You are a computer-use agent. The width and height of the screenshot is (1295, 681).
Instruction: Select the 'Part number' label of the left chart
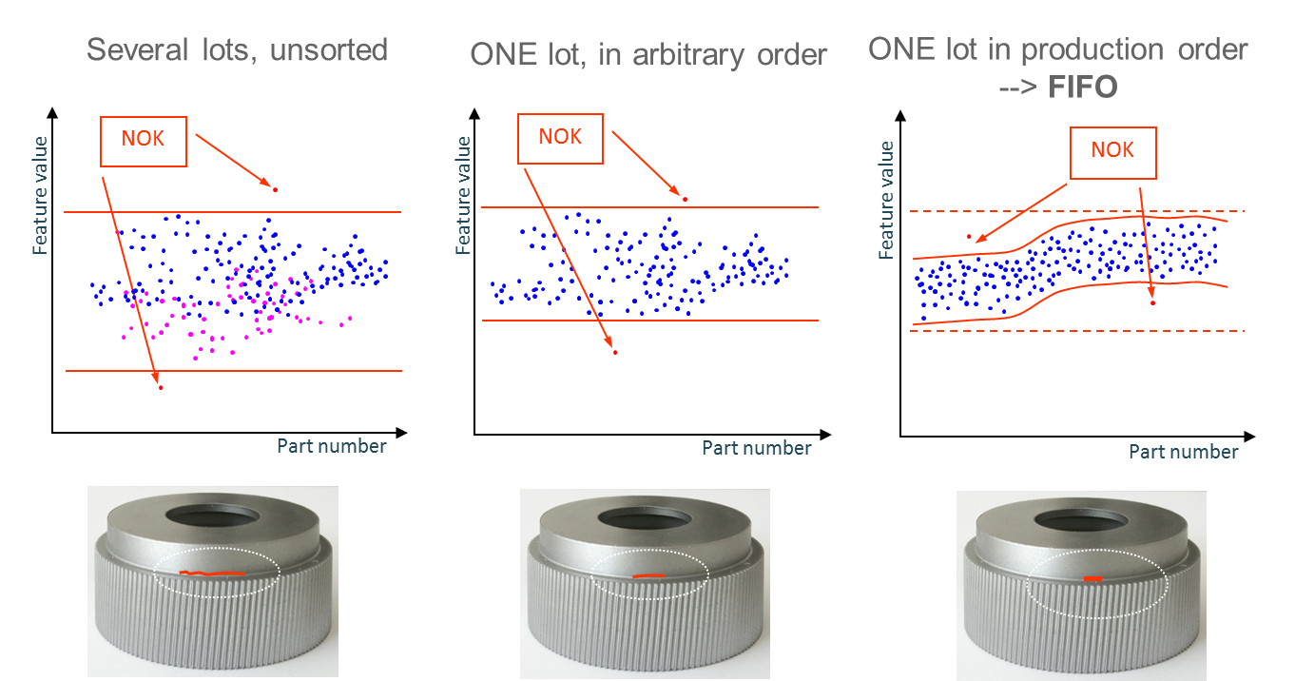pos(332,445)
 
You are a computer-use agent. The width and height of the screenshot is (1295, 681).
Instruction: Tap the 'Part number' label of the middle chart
pos(757,447)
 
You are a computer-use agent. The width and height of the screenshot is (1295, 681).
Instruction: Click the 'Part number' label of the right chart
pos(1184,452)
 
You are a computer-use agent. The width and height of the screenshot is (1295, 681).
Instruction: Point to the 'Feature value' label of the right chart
pos(886,200)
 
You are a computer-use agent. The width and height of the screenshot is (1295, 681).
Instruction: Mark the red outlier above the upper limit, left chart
pos(275,189)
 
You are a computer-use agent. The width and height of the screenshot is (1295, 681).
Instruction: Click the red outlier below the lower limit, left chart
pos(161,387)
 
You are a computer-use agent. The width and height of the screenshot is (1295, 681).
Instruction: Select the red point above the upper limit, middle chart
pos(685,199)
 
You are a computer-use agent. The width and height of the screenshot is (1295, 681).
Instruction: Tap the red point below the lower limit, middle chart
pos(615,353)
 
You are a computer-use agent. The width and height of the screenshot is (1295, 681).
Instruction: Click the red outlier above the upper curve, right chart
pos(969,236)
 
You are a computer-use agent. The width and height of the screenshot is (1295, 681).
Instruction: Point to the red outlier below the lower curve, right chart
pos(1152,302)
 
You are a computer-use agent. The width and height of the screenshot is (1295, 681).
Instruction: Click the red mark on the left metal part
pos(212,573)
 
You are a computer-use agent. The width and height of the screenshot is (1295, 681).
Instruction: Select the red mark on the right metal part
pos(1092,577)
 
